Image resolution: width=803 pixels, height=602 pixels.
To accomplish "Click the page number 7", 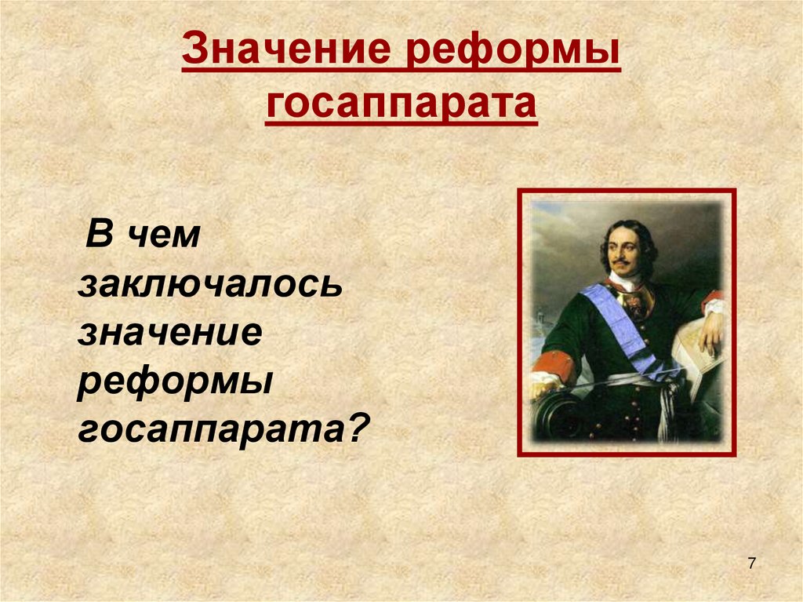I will (x=752, y=564).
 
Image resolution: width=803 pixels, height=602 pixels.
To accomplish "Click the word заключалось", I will (x=209, y=284).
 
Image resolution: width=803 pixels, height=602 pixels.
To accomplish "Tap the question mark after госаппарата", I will (x=360, y=429).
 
